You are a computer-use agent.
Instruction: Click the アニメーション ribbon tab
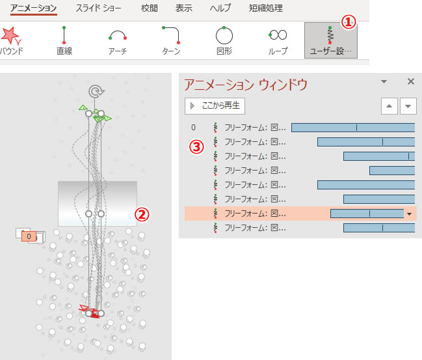(34, 8)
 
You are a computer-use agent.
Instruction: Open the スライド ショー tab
(98, 8)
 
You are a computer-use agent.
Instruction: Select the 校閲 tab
(150, 8)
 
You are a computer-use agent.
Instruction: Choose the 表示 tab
(184, 8)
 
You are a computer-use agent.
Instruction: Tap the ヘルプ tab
(220, 8)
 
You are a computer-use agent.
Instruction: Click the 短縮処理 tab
(266, 8)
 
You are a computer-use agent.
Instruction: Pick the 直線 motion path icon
(64, 35)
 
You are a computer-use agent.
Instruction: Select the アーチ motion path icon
(118, 35)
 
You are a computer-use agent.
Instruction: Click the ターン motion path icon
(171, 35)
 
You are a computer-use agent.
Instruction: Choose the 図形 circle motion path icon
(224, 35)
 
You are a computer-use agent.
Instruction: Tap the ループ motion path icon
(278, 35)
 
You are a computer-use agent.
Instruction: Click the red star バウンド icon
(10, 36)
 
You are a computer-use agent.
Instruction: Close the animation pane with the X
(411, 81)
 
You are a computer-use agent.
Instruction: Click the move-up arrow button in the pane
(389, 106)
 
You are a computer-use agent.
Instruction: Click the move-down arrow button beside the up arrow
(408, 106)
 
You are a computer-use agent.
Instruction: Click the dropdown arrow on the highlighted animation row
(410, 214)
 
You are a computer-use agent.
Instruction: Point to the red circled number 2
(142, 214)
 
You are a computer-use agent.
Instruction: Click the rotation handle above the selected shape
(96, 91)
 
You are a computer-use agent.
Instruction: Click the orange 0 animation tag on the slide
(29, 236)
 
